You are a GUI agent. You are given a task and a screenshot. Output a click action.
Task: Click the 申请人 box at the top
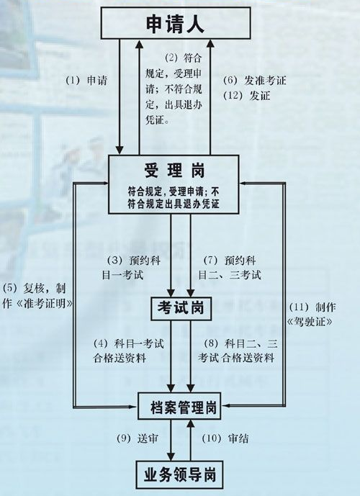tap(176, 23)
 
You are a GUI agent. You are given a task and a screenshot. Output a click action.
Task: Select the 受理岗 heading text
tap(174, 171)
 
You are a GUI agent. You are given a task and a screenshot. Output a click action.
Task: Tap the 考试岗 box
tap(181, 308)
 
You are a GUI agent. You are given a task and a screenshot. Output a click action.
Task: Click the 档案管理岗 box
tap(179, 406)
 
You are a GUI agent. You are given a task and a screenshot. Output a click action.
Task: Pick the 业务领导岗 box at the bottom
tap(180, 474)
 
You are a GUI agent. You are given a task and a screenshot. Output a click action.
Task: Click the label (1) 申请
tap(86, 81)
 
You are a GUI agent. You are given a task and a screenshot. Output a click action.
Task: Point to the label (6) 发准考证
tap(255, 81)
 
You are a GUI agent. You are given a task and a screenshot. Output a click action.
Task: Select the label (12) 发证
tap(247, 95)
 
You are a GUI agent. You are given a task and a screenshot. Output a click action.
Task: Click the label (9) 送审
tap(138, 438)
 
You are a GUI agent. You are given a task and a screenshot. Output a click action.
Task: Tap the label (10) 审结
tap(225, 438)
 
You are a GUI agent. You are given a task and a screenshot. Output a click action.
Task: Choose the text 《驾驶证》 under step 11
tap(310, 322)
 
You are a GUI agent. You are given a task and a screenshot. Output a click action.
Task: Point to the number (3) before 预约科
tap(114, 261)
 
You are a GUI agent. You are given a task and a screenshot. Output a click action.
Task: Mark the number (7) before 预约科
tap(210, 261)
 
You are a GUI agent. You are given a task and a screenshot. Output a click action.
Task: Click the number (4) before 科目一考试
tap(101, 343)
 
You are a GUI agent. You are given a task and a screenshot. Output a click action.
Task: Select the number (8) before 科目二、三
tap(211, 343)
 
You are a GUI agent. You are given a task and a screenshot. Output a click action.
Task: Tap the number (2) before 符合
tap(172, 58)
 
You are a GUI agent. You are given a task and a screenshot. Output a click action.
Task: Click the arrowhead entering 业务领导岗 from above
tap(171, 456)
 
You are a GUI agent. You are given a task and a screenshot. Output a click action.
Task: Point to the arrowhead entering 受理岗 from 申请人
tap(120, 150)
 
